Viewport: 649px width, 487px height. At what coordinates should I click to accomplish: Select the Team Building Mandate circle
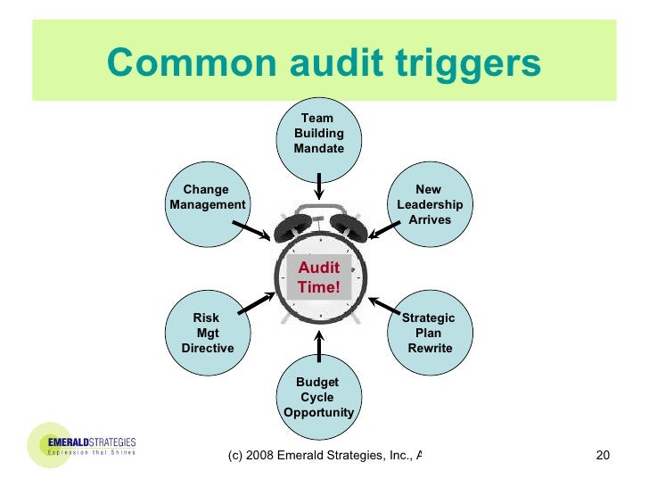point(318,134)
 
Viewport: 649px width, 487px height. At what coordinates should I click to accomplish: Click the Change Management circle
point(207,202)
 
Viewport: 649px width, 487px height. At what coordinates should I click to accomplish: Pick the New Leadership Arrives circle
point(429,204)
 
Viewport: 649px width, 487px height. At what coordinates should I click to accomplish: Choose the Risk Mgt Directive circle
point(207,332)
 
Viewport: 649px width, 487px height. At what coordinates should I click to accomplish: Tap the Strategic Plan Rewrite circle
point(429,332)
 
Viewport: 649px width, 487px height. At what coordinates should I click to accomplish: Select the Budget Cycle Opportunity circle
point(318,398)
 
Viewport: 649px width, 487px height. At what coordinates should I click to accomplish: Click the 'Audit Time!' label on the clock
point(318,278)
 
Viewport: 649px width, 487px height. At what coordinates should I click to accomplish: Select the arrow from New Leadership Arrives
point(384,230)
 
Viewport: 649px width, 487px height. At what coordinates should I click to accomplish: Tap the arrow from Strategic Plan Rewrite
point(384,305)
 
